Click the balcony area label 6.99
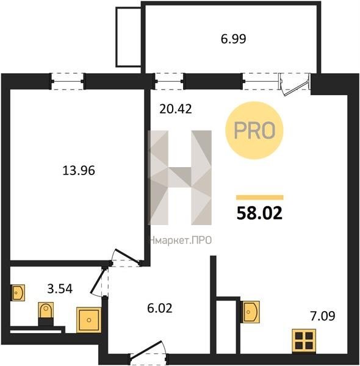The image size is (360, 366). point(233,39)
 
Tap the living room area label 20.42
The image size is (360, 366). point(176,109)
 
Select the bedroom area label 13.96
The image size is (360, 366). point(79,170)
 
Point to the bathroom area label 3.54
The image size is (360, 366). point(60,289)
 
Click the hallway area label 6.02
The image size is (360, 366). point(160,308)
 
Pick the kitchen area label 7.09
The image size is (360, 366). point(323,316)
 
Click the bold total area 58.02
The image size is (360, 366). point(259,213)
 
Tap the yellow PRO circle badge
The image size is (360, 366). point(254,131)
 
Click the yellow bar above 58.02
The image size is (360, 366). point(260,198)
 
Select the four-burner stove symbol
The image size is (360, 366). point(304,341)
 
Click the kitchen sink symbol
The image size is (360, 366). point(250,312)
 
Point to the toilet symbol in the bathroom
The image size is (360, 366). point(46,311)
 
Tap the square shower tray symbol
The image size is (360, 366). point(88,320)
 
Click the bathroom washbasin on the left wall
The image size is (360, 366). point(18,292)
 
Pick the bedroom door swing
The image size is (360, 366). point(126,258)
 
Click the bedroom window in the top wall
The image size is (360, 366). point(68,81)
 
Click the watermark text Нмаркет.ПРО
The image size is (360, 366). point(181,240)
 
